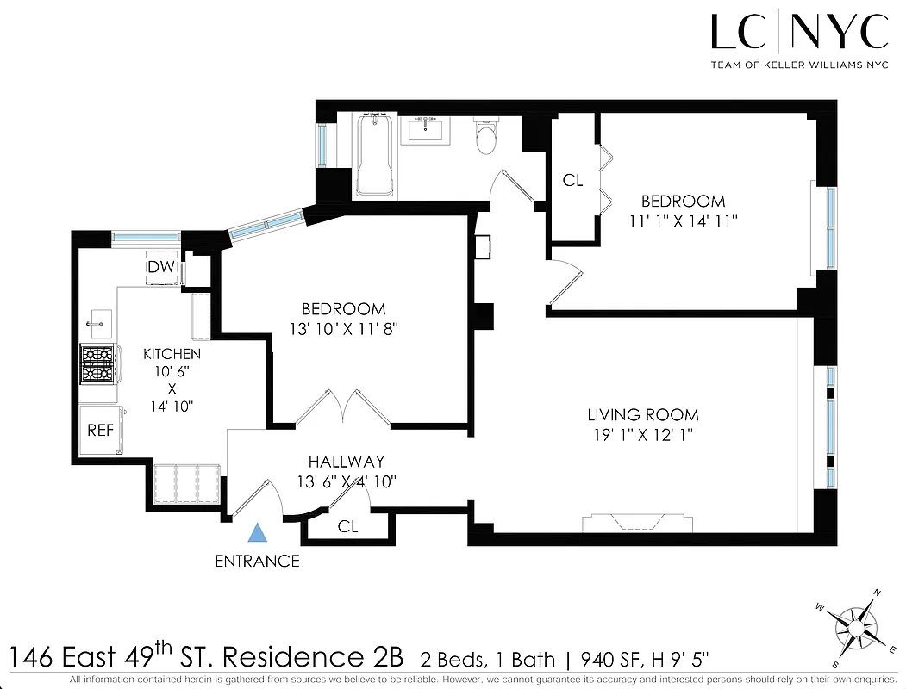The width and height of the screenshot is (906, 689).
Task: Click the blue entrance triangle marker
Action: point(256,533)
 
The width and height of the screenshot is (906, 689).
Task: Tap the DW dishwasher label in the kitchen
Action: point(161,267)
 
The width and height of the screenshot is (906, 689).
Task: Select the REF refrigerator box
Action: point(100,430)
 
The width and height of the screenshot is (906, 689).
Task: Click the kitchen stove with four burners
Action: point(98,363)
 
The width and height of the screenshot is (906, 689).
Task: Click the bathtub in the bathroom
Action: point(375,154)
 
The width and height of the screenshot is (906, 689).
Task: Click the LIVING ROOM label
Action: point(642,415)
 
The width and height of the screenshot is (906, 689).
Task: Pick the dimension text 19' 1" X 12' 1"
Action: point(642,436)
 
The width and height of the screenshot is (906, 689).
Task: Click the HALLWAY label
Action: point(347,462)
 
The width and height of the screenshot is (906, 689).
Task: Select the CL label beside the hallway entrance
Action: point(348,525)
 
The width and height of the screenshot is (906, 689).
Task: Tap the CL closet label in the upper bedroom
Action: point(572,181)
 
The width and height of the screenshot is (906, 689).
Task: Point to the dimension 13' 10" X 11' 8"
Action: point(342,329)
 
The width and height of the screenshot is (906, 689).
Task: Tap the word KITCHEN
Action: point(172,354)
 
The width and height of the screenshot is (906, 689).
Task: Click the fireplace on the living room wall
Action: point(635,523)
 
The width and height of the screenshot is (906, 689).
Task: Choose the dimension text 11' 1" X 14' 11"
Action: point(683,221)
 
